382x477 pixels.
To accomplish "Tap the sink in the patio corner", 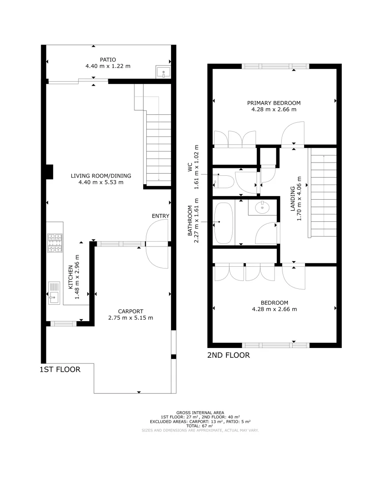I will tap(163, 72).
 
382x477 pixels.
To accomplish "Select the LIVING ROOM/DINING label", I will tap(101, 175).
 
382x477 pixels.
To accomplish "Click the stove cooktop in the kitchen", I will tap(55, 243).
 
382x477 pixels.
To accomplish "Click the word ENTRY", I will tap(160, 216).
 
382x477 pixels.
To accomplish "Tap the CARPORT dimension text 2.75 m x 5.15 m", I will tap(130, 318).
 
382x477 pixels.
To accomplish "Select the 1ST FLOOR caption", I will tap(60, 369).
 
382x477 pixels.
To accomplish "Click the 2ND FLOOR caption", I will tap(228, 355).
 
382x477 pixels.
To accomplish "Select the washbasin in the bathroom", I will tap(263, 206).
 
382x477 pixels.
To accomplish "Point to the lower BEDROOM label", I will tap(274, 303).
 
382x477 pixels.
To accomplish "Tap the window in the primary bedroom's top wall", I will tap(275, 66).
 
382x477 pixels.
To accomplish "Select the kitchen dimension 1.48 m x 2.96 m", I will tap(77, 277).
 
